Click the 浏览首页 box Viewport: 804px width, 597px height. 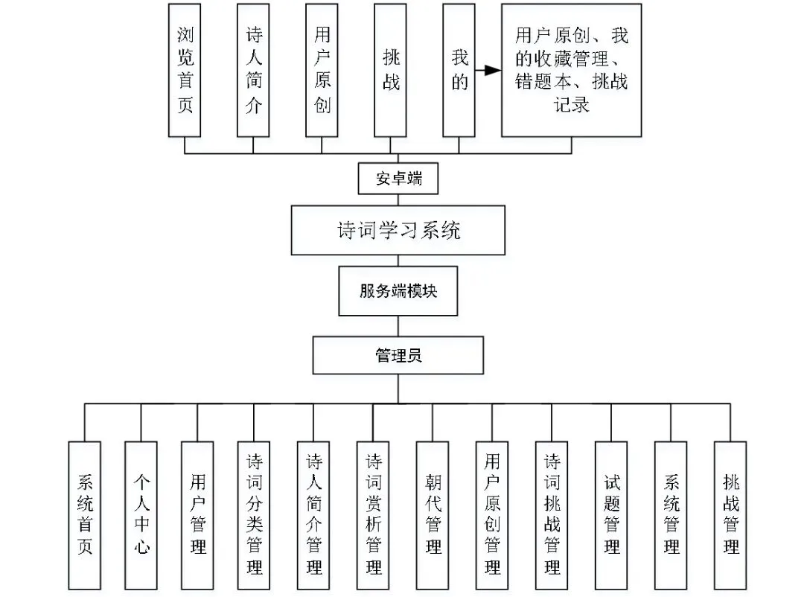pos(185,70)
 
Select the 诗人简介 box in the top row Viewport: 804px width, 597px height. pos(253,70)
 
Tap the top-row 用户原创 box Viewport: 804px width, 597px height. pos(322,70)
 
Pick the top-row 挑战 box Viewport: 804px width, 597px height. pos(390,70)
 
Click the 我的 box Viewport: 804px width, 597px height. pos(459,70)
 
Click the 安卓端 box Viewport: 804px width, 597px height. pos(398,179)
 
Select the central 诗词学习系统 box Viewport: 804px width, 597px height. pos(398,230)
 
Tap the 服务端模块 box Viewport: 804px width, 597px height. pos(398,291)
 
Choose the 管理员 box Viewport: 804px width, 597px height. pos(398,355)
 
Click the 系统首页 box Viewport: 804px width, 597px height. pos(85,515)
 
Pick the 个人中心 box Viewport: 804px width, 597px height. pos(141,515)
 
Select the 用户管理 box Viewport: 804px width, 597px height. pos(197,515)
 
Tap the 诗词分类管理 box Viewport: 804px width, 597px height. pos(254,515)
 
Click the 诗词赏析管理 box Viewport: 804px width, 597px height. pos(373,515)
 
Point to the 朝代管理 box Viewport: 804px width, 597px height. pos(433,515)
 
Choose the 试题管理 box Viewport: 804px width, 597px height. pos(611,515)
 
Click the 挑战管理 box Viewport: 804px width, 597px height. pos(730,515)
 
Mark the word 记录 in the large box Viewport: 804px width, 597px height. pos(571,105)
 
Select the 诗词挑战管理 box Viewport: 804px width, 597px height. pos(552,515)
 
